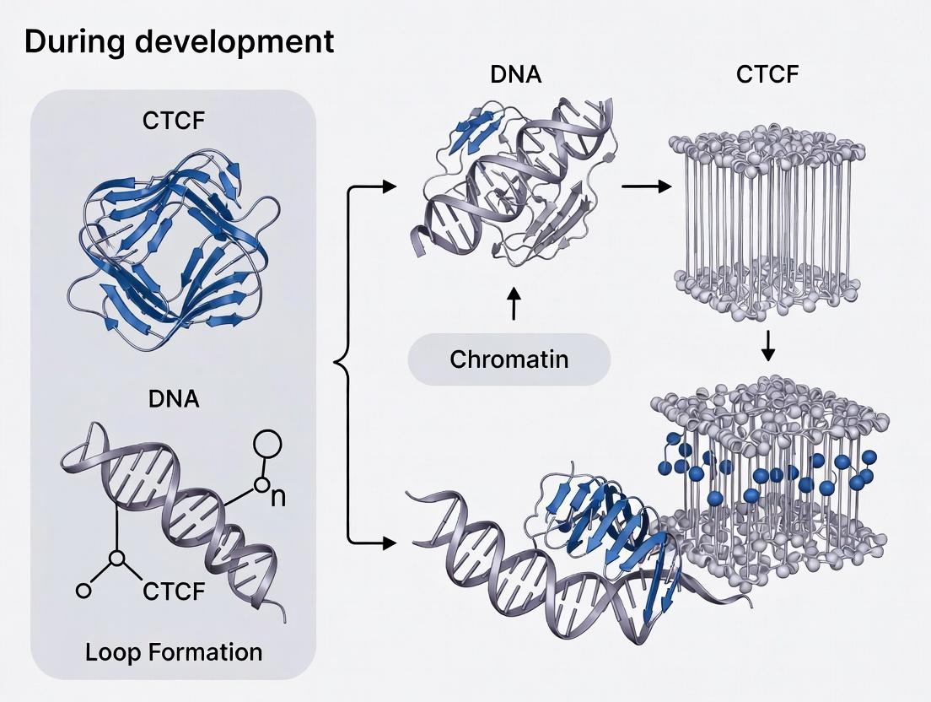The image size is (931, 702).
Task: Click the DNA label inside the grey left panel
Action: [173, 398]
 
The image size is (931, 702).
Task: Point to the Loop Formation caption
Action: [173, 651]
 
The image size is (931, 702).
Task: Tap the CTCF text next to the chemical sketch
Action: [174, 591]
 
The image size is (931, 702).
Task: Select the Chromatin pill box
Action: [509, 359]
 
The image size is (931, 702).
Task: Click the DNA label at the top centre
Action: [515, 75]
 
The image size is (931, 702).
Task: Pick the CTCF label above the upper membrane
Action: [767, 75]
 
